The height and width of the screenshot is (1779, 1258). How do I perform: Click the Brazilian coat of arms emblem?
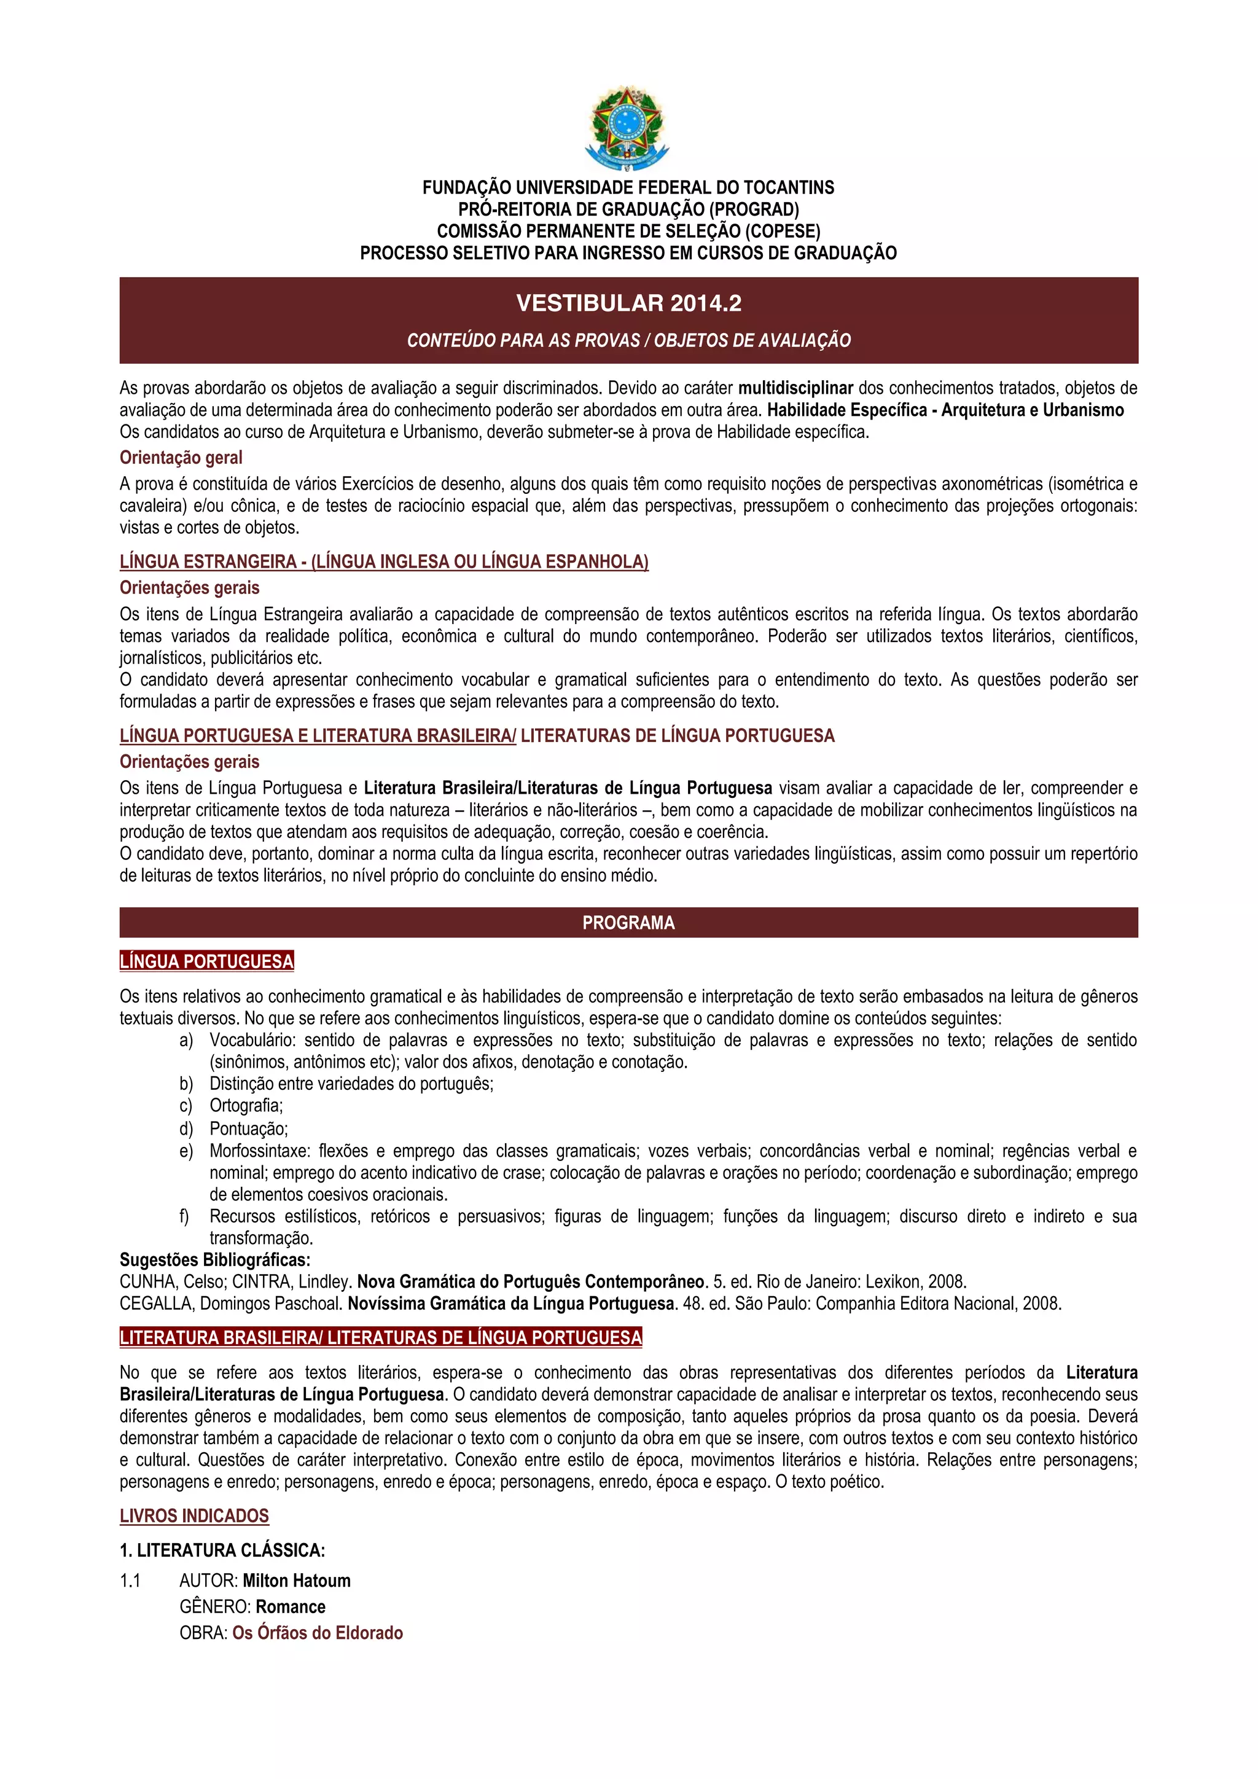pos(627,128)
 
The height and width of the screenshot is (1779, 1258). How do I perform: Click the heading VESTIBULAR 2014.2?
pos(628,303)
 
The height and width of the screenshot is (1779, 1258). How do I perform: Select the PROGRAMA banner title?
pos(628,923)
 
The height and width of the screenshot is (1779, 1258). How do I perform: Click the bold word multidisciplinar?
pos(795,388)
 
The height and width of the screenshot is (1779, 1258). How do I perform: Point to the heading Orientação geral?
pos(181,458)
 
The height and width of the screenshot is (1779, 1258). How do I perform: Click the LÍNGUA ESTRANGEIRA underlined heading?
pos(383,561)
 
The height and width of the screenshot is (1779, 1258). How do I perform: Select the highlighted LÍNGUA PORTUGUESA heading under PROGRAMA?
pos(207,961)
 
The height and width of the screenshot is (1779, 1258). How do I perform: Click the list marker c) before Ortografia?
pos(186,1106)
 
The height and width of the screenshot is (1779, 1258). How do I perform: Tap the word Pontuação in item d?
pos(248,1129)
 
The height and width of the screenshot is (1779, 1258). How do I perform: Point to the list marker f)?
pos(184,1216)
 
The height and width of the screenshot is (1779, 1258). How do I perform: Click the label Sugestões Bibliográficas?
pos(214,1260)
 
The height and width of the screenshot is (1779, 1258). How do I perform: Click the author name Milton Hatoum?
pos(296,1581)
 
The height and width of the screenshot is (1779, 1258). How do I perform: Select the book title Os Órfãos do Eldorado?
pos(318,1633)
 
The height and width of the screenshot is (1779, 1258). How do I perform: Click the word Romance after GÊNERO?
pos(291,1606)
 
